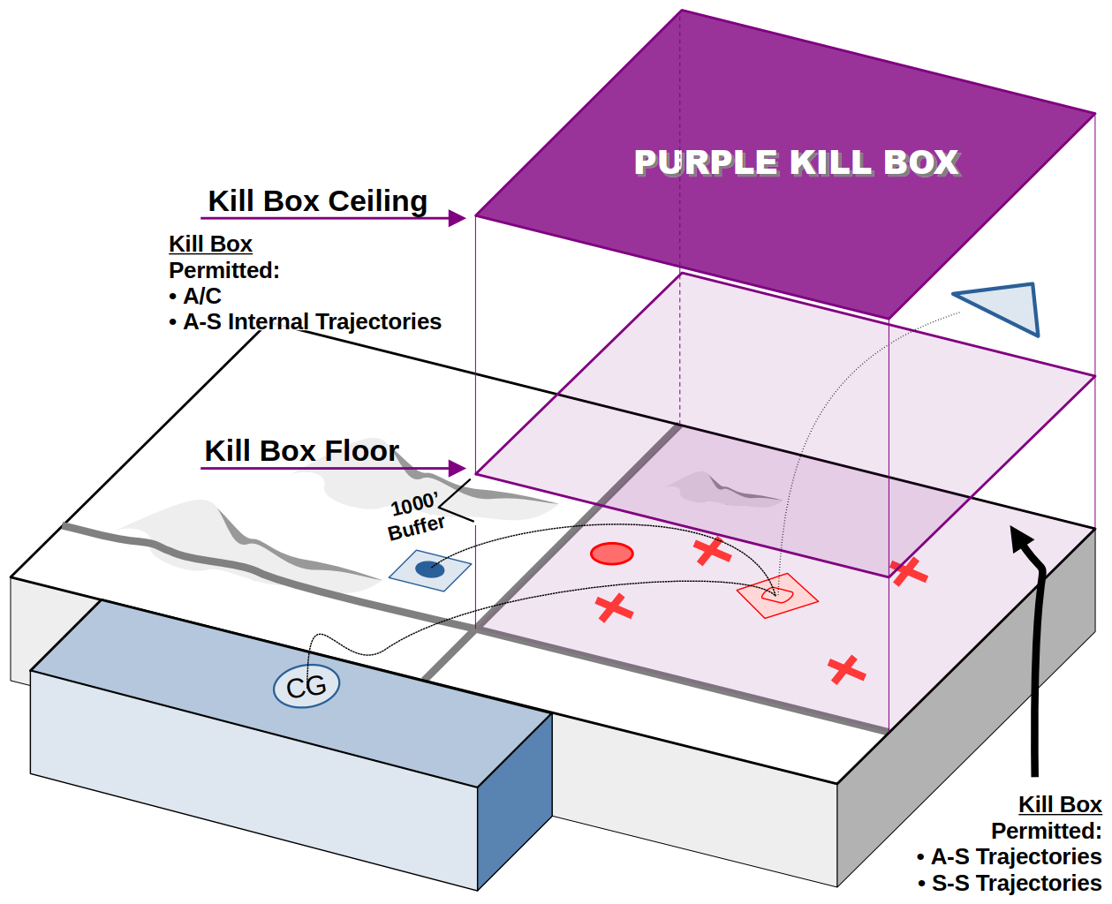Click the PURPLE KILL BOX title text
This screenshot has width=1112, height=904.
click(x=796, y=162)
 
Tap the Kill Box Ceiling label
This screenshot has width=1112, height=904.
click(x=318, y=201)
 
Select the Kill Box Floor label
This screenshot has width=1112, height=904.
click(x=301, y=451)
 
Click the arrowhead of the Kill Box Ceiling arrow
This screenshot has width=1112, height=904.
click(x=458, y=218)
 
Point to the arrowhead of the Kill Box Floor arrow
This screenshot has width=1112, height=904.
click(x=458, y=468)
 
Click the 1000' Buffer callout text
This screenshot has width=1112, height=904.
click(x=416, y=516)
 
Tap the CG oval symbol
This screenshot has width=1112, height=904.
click(x=306, y=686)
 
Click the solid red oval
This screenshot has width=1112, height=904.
click(x=611, y=554)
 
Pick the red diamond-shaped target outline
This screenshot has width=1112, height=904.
click(x=778, y=596)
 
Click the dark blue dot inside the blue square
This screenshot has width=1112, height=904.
click(x=430, y=569)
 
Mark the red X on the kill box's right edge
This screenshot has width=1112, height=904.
click(x=908, y=572)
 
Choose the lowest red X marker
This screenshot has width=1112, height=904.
click(x=846, y=670)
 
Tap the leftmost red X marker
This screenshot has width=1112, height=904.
click(x=614, y=607)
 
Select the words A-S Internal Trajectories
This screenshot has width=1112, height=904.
click(x=312, y=322)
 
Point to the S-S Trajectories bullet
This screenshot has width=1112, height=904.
click(x=1016, y=883)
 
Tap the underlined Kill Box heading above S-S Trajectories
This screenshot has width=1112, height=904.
click(x=1059, y=804)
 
